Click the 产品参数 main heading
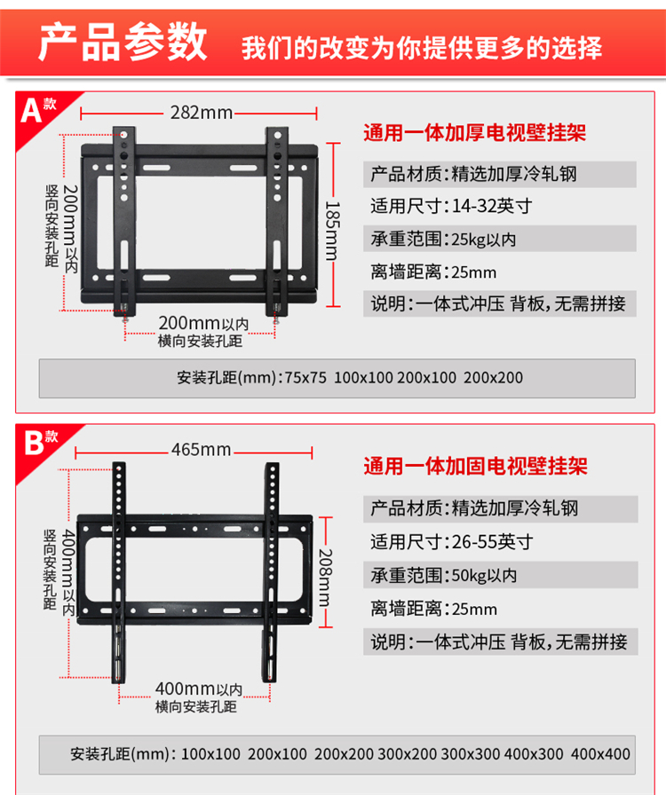(123, 43)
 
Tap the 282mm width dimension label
(201, 113)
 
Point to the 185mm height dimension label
(332, 231)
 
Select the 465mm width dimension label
(201, 450)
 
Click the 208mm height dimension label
(325, 578)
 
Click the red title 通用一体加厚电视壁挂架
(474, 133)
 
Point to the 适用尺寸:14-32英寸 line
(451, 207)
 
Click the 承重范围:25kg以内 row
(499, 239)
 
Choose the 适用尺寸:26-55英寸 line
(452, 542)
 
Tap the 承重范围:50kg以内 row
(501, 575)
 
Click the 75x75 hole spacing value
(305, 378)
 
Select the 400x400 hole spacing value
(600, 754)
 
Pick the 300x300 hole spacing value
(470, 754)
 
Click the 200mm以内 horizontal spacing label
(203, 324)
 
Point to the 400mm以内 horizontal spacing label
(199, 689)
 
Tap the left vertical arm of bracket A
(124, 221)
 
